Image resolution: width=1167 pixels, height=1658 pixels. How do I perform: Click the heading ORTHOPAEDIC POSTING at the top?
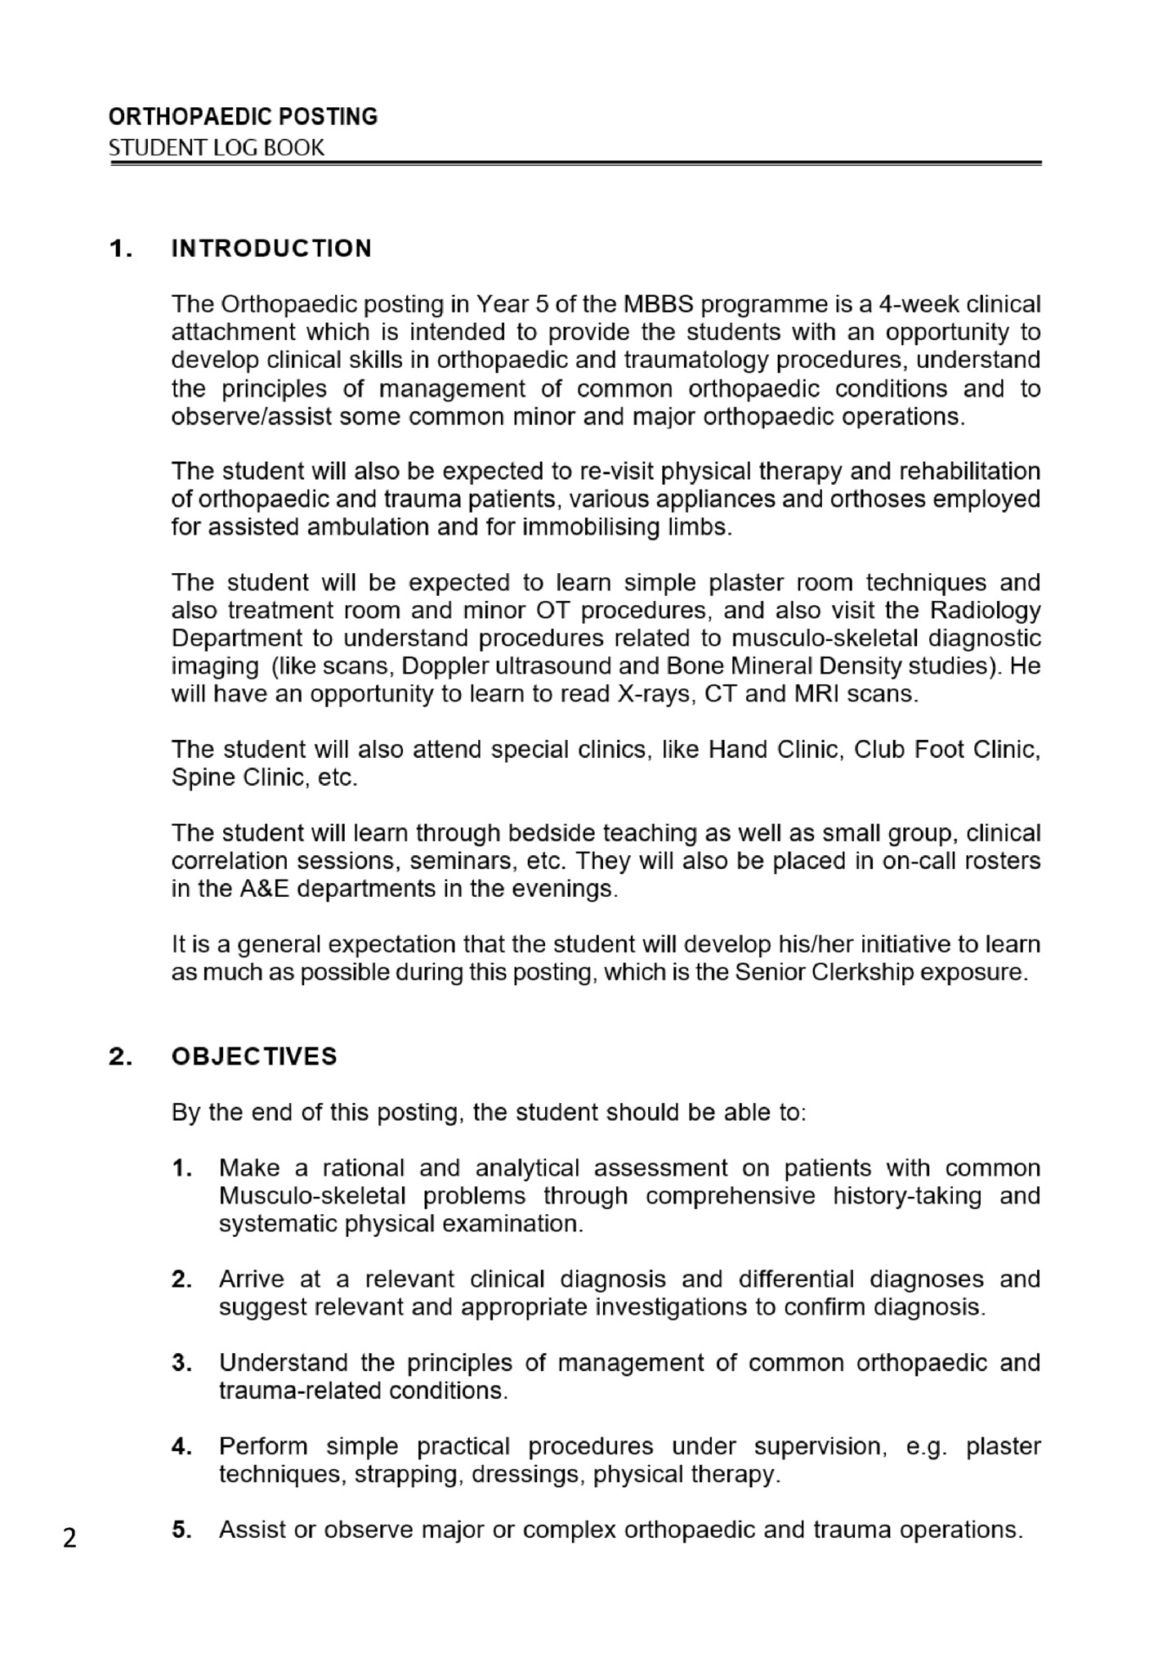243,117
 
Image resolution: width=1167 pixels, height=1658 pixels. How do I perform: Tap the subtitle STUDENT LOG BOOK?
217,148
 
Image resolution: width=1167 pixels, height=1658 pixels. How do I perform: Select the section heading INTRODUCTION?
271,249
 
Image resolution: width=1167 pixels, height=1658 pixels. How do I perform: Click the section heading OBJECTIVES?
254,1056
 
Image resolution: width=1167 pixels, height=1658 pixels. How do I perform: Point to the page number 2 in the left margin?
70,1538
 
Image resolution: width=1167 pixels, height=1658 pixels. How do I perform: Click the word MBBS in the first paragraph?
659,304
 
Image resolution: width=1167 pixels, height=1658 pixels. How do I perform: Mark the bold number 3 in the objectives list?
181,1363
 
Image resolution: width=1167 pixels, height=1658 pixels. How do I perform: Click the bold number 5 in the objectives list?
181,1530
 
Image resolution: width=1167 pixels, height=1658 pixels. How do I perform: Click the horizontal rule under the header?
575,164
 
